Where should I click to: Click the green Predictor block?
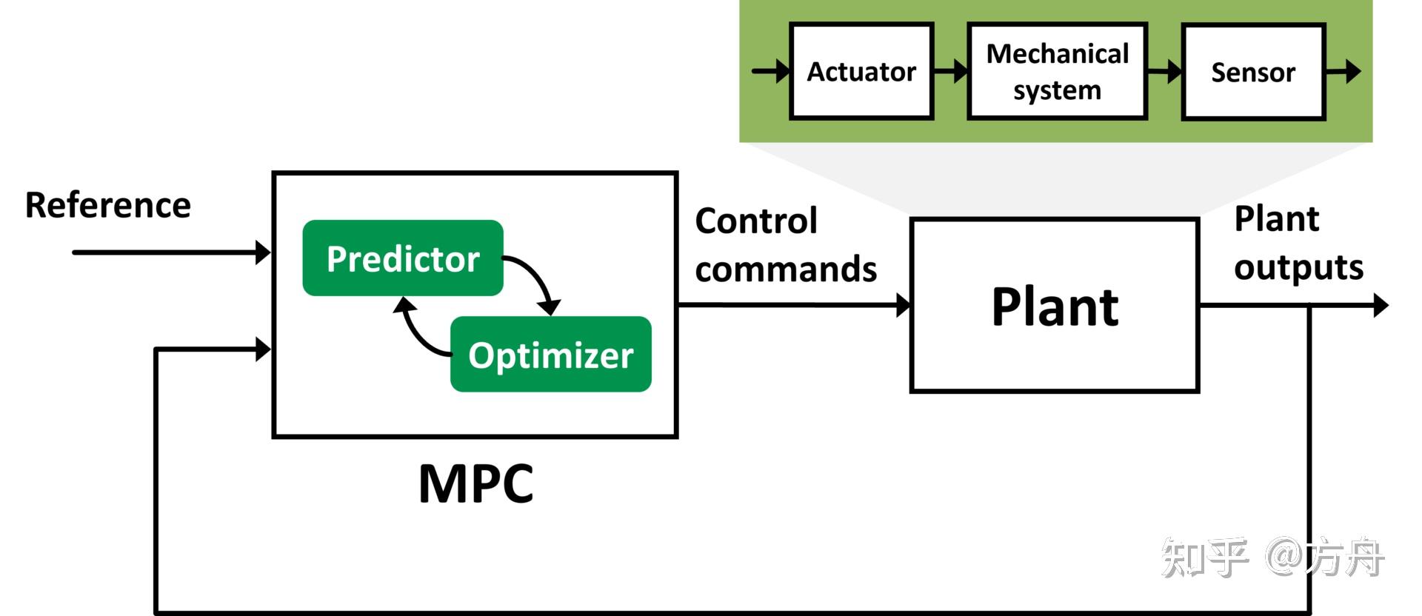[x=403, y=258]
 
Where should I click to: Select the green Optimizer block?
[x=550, y=355]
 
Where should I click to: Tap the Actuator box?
[x=861, y=72]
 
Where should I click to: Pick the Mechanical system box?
[x=1057, y=72]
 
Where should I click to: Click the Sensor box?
[x=1253, y=72]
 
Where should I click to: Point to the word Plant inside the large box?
[x=1055, y=307]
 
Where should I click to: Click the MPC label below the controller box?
[x=475, y=484]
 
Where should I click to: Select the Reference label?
[x=108, y=205]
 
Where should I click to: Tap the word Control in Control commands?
[x=756, y=221]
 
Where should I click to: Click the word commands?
[x=786, y=269]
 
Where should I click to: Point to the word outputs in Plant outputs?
[x=1298, y=267]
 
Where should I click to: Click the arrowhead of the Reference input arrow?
[x=263, y=252]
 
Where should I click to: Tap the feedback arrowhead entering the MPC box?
[x=263, y=349]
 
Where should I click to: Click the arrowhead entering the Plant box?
[x=903, y=305]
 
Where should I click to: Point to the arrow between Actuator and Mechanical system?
[x=951, y=72]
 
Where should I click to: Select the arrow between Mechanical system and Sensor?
[x=1165, y=72]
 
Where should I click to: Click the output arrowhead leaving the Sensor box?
[x=1352, y=72]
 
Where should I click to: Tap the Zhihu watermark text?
[x=1272, y=558]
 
